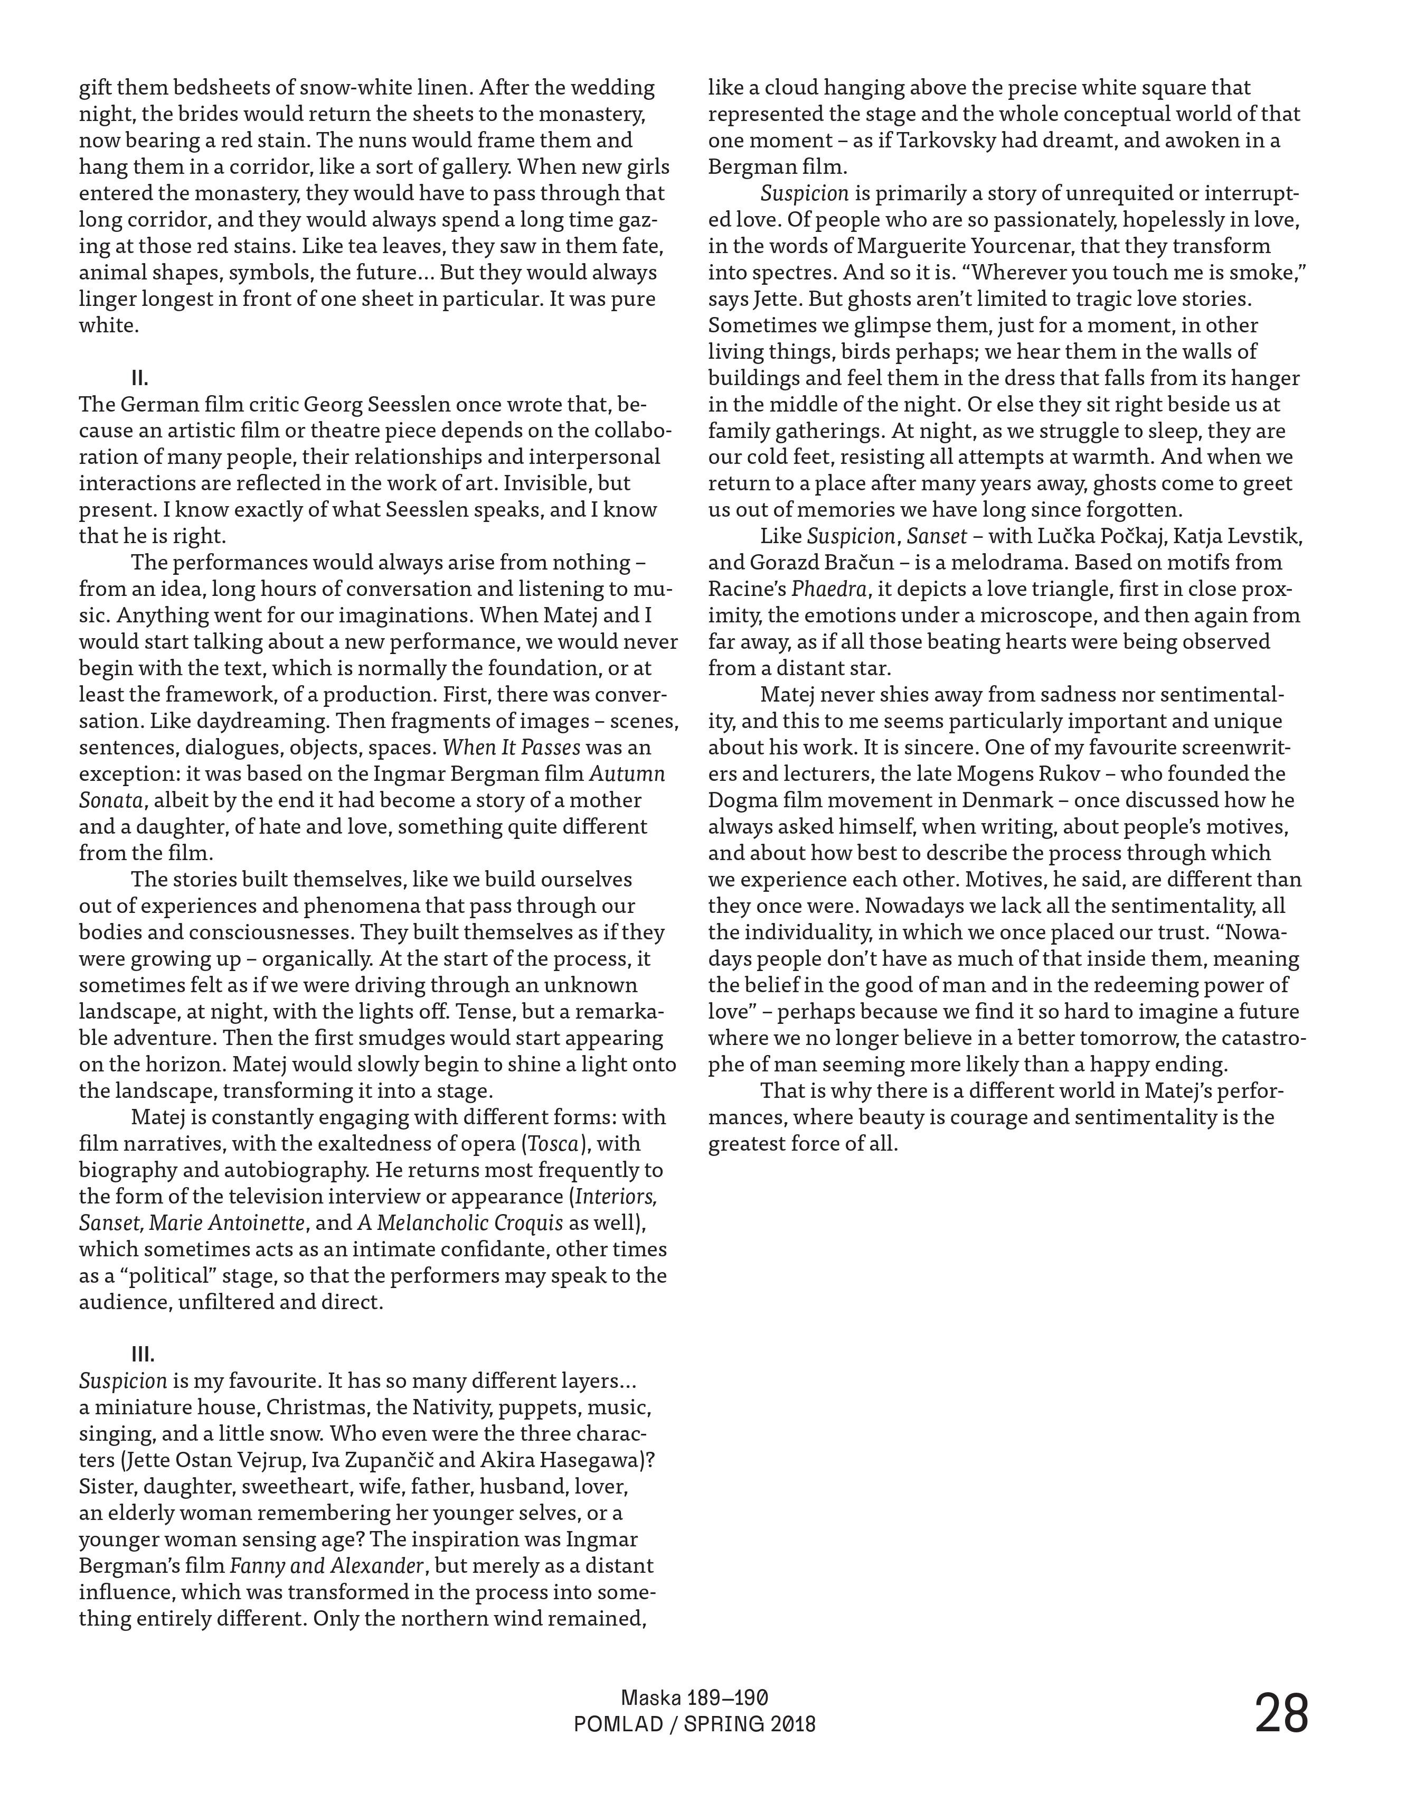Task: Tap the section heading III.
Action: [x=143, y=1355]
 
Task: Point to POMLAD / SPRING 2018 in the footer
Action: [x=695, y=1724]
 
